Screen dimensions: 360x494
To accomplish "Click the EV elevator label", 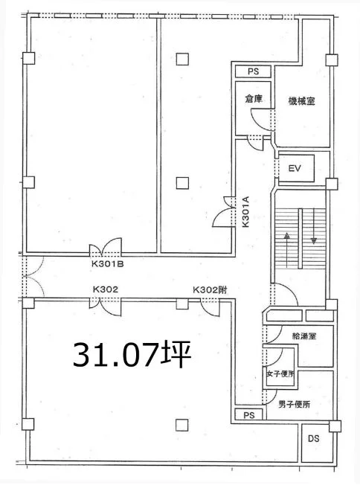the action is [x=295, y=168].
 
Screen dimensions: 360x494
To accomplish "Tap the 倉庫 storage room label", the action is [x=254, y=99].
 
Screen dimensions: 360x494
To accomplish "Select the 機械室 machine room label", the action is [x=302, y=101].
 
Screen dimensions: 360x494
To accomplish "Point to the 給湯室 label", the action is [x=304, y=336].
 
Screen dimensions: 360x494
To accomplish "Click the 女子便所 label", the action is [x=280, y=374].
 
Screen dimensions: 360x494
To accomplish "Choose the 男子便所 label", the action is [x=294, y=404].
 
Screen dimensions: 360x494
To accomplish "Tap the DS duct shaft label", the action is [x=313, y=438].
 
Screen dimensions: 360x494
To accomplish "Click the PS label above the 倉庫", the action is [x=253, y=71].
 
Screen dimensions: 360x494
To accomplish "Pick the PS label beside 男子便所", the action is [x=249, y=415].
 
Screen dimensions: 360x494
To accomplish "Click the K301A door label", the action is [x=245, y=212].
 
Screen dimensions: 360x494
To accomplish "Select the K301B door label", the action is [x=107, y=264].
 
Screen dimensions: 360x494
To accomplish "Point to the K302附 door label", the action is [x=210, y=289].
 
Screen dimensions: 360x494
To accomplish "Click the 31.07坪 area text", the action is [x=132, y=355].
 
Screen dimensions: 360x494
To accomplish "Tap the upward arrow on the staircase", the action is [x=287, y=250].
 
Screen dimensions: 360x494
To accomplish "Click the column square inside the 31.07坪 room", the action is [x=182, y=425].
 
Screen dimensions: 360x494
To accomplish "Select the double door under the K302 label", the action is [x=105, y=306].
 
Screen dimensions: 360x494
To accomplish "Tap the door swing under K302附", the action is [x=210, y=307].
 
